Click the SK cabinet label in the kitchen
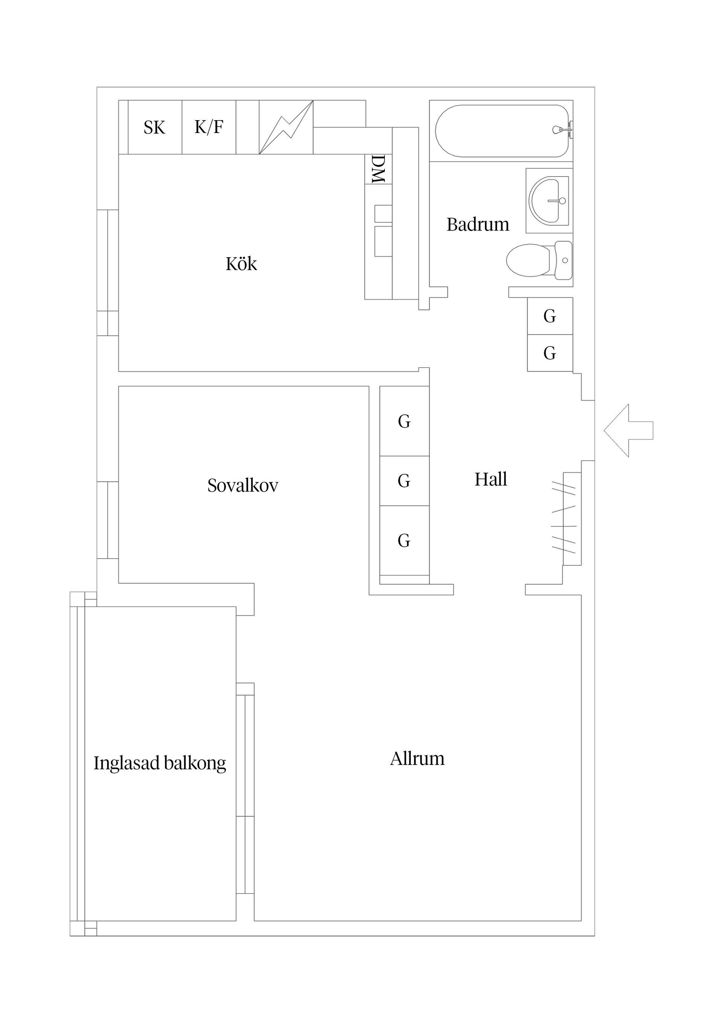[154, 128]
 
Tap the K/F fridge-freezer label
[209, 127]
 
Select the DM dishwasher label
[378, 169]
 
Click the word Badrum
[477, 224]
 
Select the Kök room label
[241, 264]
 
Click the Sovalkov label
[243, 485]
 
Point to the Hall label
[490, 479]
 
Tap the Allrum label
[417, 759]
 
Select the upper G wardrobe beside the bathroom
[549, 316]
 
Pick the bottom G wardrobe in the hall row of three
[404, 541]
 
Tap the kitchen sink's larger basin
[383, 241]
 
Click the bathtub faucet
[561, 130]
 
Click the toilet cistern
[563, 260]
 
